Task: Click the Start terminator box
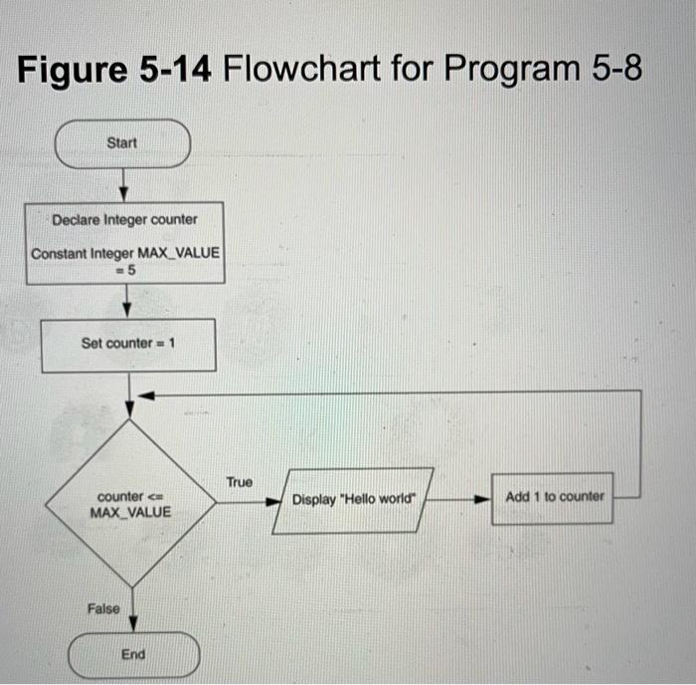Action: click(122, 143)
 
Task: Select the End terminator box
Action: click(133, 654)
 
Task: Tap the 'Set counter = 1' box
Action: click(128, 343)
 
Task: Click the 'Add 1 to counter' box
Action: click(554, 496)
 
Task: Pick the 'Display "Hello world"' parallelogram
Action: click(353, 500)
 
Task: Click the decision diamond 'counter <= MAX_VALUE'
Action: click(130, 503)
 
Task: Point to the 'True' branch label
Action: click(239, 482)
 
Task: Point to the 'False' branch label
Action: click(102, 608)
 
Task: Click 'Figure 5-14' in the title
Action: click(115, 70)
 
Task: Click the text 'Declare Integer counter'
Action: click(124, 219)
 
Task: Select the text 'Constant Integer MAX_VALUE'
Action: click(126, 253)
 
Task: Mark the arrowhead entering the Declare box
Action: click(124, 193)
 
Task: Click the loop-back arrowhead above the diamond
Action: click(144, 395)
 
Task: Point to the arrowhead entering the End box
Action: click(130, 623)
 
